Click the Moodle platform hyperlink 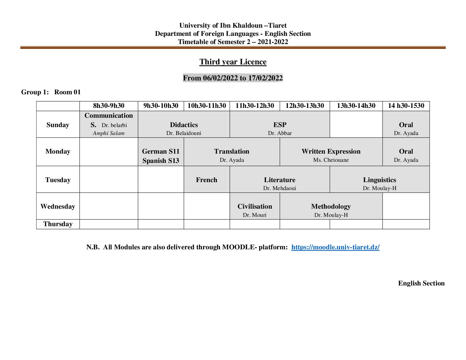pos(335,247)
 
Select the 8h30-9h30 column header pos(109,106)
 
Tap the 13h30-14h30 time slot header pos(356,106)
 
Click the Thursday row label pos(58,224)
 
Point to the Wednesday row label pos(58,206)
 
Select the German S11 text pos(161,152)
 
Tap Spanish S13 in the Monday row pos(161,161)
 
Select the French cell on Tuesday pos(207,180)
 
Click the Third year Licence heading pos(233,62)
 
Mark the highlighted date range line pos(233,78)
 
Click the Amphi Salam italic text pos(109,133)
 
